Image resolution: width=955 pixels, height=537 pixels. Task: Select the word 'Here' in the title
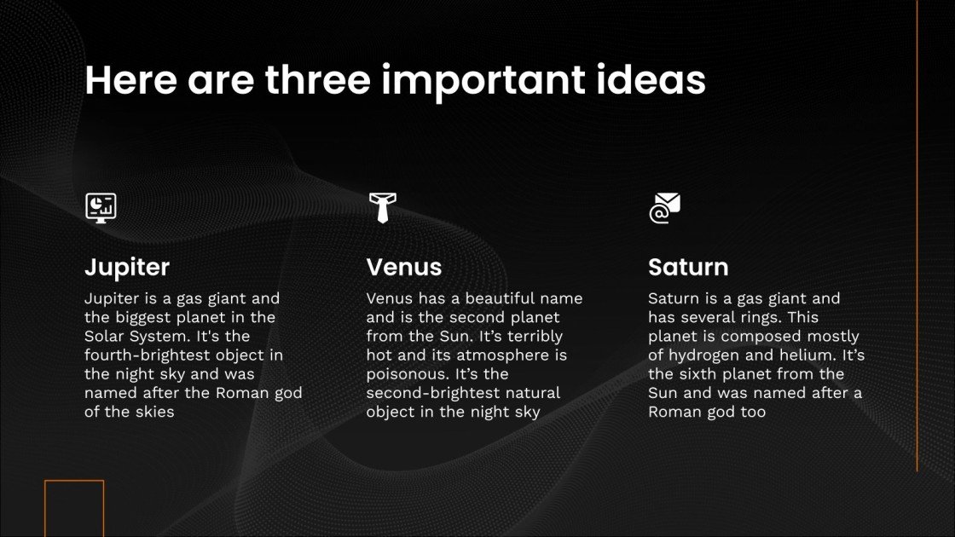click(x=130, y=80)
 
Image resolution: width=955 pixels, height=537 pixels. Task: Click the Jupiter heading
click(x=127, y=268)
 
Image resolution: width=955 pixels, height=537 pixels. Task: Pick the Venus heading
click(x=404, y=268)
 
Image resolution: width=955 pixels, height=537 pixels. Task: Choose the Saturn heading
click(x=688, y=268)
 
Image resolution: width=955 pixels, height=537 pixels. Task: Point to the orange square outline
click(x=74, y=508)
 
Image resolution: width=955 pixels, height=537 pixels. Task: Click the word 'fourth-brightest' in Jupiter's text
click(x=144, y=355)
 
